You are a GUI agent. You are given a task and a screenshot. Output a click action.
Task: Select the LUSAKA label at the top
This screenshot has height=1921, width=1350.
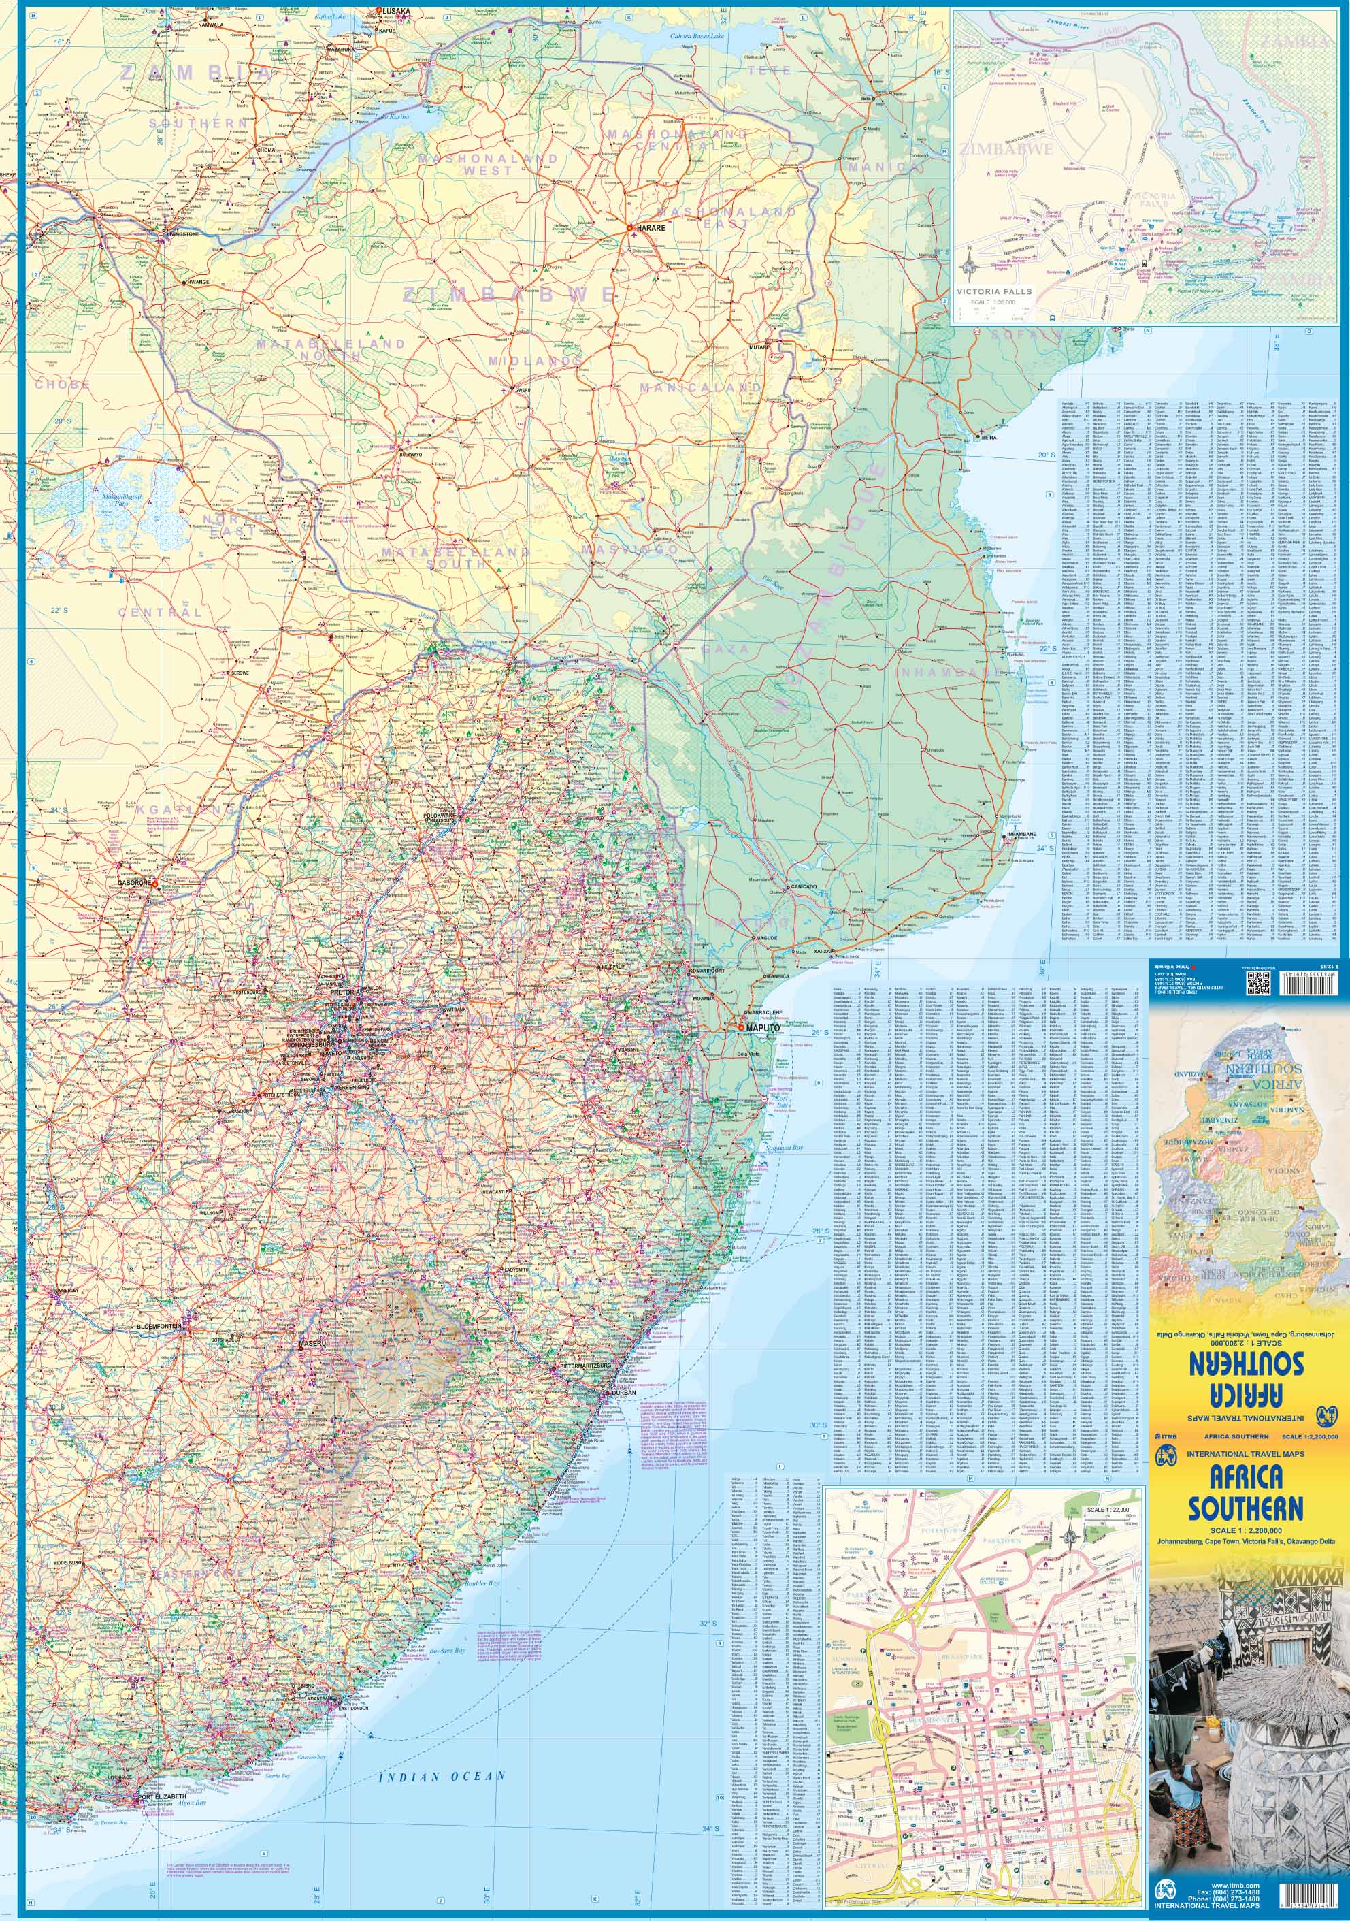[397, 11]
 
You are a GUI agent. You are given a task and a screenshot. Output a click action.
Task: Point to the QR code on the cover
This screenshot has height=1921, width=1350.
[1257, 986]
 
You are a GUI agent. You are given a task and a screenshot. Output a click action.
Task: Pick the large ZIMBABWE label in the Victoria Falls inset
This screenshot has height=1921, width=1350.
[1007, 149]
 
